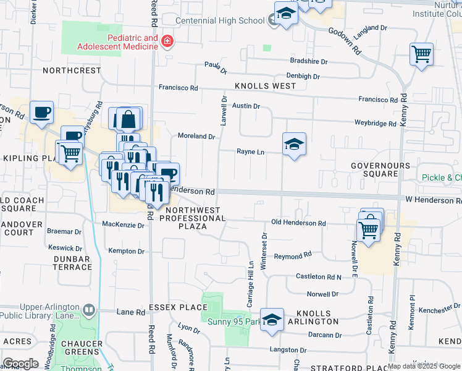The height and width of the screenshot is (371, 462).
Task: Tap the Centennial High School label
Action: click(x=221, y=20)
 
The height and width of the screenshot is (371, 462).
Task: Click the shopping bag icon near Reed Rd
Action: click(x=128, y=119)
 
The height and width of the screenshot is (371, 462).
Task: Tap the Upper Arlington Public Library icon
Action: click(x=89, y=309)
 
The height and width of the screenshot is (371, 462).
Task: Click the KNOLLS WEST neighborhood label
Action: click(x=265, y=86)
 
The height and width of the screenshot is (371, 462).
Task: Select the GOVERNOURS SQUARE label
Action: click(x=380, y=170)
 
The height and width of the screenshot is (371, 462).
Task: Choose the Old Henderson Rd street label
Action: click(x=298, y=223)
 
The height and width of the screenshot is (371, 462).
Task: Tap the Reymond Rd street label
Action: click(x=293, y=255)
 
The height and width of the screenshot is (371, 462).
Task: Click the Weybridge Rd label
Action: click(x=375, y=124)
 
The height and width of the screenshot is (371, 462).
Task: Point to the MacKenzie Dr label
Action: click(x=123, y=225)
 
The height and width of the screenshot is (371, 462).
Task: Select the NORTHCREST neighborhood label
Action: click(x=72, y=70)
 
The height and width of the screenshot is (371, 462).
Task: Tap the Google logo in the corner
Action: click(x=20, y=364)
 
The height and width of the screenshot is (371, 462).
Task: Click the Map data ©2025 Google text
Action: click(x=424, y=366)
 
